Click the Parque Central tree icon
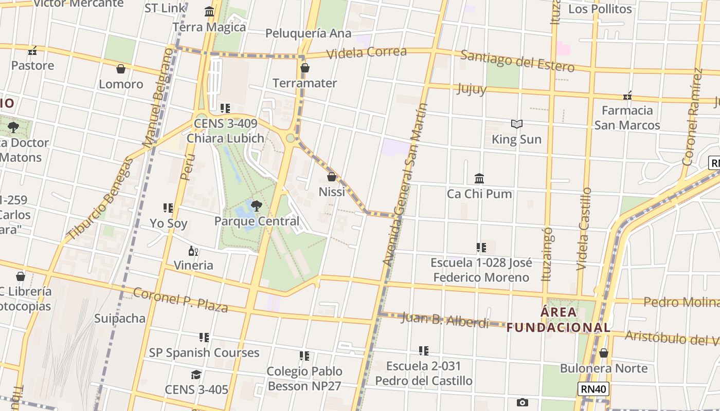click(x=256, y=206)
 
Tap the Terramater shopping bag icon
click(x=305, y=68)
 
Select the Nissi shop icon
click(x=332, y=177)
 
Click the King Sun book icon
click(x=516, y=124)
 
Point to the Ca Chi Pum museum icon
click(x=479, y=178)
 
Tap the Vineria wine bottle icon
click(x=193, y=251)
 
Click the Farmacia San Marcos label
click(x=627, y=118)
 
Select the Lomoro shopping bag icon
click(x=121, y=69)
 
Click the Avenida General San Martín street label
click(x=406, y=185)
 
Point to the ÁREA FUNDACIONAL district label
click(x=559, y=320)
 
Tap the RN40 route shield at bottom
click(x=593, y=389)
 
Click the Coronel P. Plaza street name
click(x=181, y=300)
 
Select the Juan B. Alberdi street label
click(x=445, y=320)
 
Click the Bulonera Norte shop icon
click(x=604, y=353)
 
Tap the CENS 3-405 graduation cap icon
click(x=196, y=375)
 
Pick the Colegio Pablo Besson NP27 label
click(x=304, y=378)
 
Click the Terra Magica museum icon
click(x=209, y=11)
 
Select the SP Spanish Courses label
click(x=204, y=352)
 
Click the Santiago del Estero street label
click(x=517, y=61)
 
